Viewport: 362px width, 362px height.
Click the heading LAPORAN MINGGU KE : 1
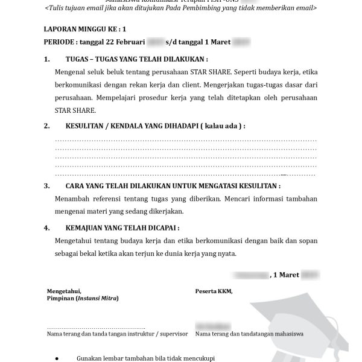[x=86, y=29]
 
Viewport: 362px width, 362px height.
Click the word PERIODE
[x=59, y=42]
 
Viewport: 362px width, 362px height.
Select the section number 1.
[x=47, y=60]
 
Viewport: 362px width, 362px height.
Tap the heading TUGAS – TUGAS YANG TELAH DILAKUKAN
[x=136, y=60]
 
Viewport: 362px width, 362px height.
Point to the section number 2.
[x=47, y=126]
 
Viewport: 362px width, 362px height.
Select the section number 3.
[x=47, y=186]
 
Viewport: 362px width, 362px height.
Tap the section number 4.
[x=47, y=229]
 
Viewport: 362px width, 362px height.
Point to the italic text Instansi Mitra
[x=98, y=299]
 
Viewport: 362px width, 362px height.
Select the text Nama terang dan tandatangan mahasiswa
[x=249, y=334]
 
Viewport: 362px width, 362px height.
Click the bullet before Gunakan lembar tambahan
[x=56, y=357]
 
